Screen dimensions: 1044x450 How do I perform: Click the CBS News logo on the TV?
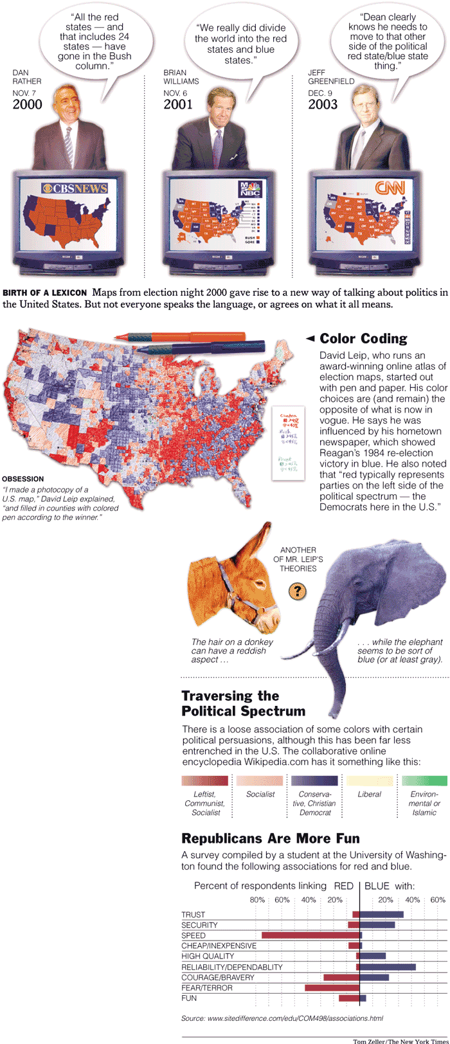pos(75,188)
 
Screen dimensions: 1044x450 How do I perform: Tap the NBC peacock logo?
pos(251,188)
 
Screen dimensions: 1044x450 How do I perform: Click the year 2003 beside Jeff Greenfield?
pos(323,105)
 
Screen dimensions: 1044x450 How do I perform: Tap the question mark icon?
pos(296,591)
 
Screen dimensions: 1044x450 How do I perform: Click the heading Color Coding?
pos(363,338)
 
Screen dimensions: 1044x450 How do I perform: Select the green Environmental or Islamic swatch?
pos(424,780)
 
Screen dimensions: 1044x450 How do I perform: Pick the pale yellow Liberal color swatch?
pos(370,780)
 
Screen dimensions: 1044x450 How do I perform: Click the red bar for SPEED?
pos(310,935)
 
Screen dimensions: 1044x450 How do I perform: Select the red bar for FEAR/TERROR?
pos(332,987)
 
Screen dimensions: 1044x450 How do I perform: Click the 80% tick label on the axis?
pos(257,899)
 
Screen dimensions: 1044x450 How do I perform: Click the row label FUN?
pos(189,998)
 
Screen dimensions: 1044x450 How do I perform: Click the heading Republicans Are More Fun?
pos(270,838)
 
